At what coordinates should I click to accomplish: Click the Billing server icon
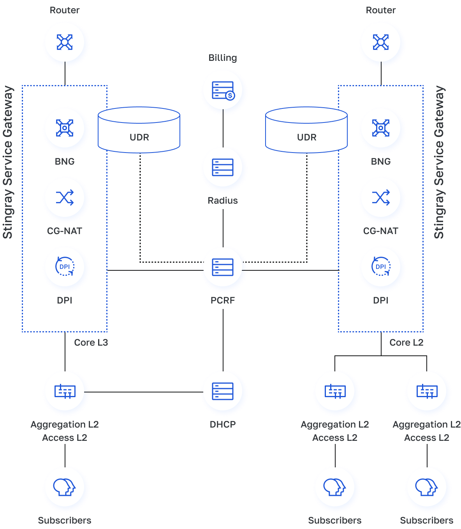coord(223,91)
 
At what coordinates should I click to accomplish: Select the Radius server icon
coord(223,167)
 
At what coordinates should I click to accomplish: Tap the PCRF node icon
coord(223,267)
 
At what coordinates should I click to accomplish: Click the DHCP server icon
coord(223,391)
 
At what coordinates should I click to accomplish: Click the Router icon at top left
coord(65,42)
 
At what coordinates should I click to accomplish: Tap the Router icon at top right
coord(381,42)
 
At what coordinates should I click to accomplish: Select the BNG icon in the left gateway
coord(65,128)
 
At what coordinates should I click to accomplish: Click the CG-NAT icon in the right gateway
coord(381,198)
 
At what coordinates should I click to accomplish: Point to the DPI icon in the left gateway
coord(65,267)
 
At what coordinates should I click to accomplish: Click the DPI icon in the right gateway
coord(381,267)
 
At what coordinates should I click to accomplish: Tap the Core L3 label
coord(91,343)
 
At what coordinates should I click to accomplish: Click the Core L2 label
coord(406,343)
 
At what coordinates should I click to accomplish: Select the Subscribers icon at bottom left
coord(65,487)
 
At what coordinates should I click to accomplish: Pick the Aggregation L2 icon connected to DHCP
coord(65,391)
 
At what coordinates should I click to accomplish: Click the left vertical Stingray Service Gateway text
coord(8,162)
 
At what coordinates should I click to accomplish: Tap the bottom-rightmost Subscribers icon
coord(427,487)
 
